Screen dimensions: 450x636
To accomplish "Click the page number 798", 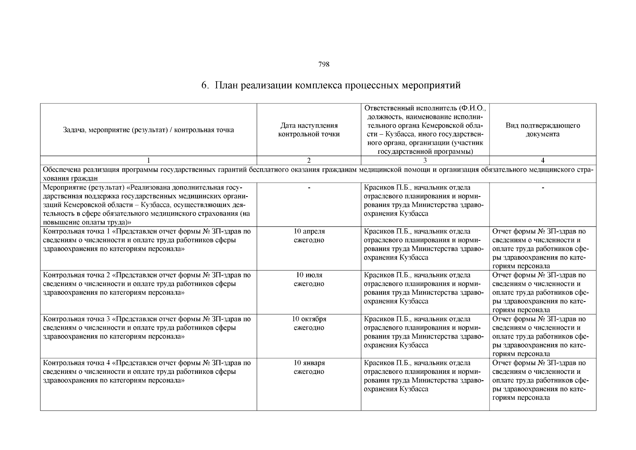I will point(323,64).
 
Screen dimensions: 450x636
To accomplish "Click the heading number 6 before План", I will point(204,86).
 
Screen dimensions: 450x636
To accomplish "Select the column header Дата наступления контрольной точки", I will point(309,130).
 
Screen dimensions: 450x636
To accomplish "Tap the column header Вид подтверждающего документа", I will point(542,130).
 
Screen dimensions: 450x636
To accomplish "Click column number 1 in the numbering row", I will point(148,160).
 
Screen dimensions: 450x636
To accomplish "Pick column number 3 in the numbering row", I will point(425,160).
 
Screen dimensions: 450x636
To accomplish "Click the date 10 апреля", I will point(309,231).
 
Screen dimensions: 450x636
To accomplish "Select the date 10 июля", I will point(309,275).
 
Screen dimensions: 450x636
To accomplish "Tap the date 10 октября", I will point(309,319).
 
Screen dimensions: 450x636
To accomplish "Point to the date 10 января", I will point(309,363).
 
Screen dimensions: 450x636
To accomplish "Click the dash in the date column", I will point(309,187).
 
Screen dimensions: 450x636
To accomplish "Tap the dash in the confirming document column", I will point(542,187).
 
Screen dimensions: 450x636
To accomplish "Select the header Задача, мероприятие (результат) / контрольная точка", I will point(148,130).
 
